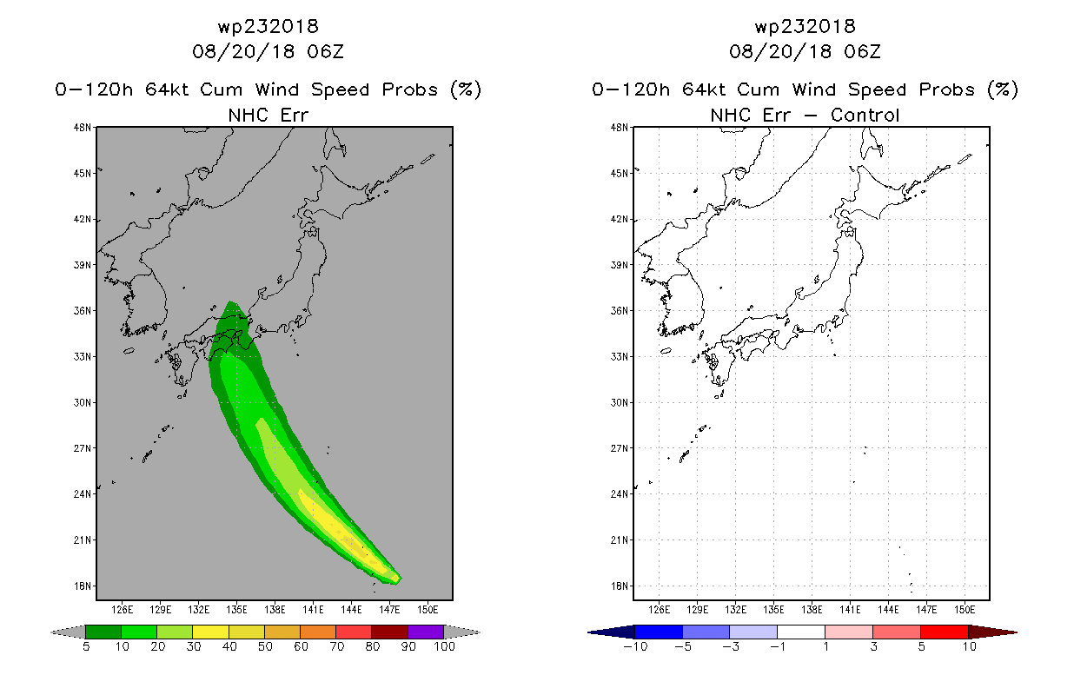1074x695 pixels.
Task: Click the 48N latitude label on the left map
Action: tap(82, 128)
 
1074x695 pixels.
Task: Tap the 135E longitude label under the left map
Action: tap(236, 610)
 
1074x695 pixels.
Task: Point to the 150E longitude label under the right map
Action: tap(965, 610)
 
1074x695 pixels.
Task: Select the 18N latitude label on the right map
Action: tap(619, 586)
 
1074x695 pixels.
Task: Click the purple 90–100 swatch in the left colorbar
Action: tap(426, 632)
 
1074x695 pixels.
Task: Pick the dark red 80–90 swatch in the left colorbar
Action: tap(390, 632)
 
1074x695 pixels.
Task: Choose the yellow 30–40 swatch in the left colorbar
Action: tap(211, 632)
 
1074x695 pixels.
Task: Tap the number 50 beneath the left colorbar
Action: tap(265, 646)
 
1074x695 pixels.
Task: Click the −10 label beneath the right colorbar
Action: tap(635, 646)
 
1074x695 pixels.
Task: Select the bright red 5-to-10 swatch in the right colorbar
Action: tap(945, 632)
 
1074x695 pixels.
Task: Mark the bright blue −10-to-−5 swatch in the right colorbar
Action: tap(659, 632)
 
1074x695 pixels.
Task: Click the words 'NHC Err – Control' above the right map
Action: tap(805, 115)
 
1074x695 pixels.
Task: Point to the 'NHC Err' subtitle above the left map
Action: tap(268, 115)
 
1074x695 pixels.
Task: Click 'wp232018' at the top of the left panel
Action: tap(268, 27)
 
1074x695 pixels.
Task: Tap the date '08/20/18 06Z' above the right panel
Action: tap(805, 51)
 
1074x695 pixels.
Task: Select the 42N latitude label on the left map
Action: tap(82, 219)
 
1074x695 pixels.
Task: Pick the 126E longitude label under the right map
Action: tap(660, 610)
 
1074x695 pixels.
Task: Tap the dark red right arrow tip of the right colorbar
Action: tap(1016, 632)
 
